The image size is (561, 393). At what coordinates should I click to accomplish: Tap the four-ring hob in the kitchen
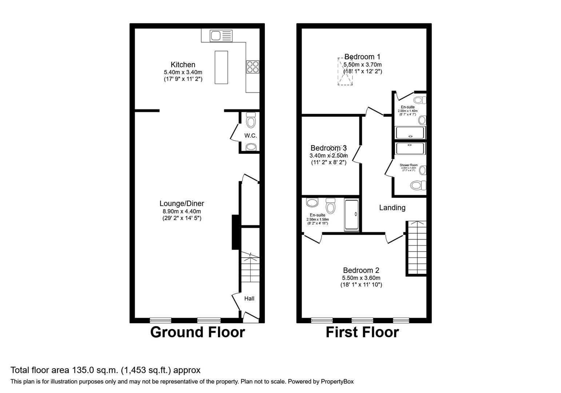coord(253,67)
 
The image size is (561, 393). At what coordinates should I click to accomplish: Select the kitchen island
coord(221,67)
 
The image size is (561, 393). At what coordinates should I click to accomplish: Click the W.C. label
coord(250,136)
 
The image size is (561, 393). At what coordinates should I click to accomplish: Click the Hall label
coord(249,298)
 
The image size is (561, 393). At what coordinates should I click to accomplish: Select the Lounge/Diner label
coord(182,203)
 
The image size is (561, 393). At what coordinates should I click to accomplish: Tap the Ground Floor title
coord(197,332)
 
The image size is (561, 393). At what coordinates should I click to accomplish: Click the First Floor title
coord(362,332)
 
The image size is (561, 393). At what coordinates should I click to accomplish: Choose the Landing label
coord(392,208)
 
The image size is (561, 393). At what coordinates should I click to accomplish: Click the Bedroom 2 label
coord(361,270)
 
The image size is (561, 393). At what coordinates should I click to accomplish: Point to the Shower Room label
coord(409,165)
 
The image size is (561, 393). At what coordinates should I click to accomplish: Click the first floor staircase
coord(416,247)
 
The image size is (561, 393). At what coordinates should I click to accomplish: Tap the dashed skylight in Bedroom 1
coord(345,71)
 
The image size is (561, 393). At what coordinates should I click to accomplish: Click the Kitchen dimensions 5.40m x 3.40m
coord(183,72)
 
